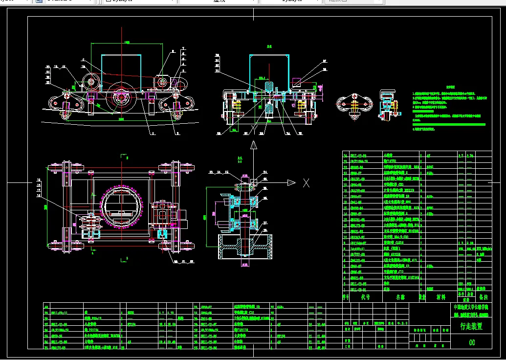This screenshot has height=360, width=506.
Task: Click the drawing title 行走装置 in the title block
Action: [x=471, y=326]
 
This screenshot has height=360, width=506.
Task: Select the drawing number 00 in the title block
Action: [x=472, y=342]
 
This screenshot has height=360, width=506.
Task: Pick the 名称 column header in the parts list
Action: [x=401, y=296]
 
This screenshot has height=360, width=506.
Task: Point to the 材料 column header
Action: [x=440, y=296]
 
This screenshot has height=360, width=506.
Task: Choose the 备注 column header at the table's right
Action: [x=484, y=296]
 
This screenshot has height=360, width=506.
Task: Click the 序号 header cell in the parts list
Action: [x=346, y=296]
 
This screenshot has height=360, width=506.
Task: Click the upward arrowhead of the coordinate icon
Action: [x=253, y=145]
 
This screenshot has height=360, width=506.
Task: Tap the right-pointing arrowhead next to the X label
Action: [x=291, y=183]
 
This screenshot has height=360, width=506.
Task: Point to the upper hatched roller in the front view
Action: [x=268, y=89]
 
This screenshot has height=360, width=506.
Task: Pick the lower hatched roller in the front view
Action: [x=268, y=112]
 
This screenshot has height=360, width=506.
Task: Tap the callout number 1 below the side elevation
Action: [x=152, y=133]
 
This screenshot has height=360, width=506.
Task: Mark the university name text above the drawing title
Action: [x=471, y=307]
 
